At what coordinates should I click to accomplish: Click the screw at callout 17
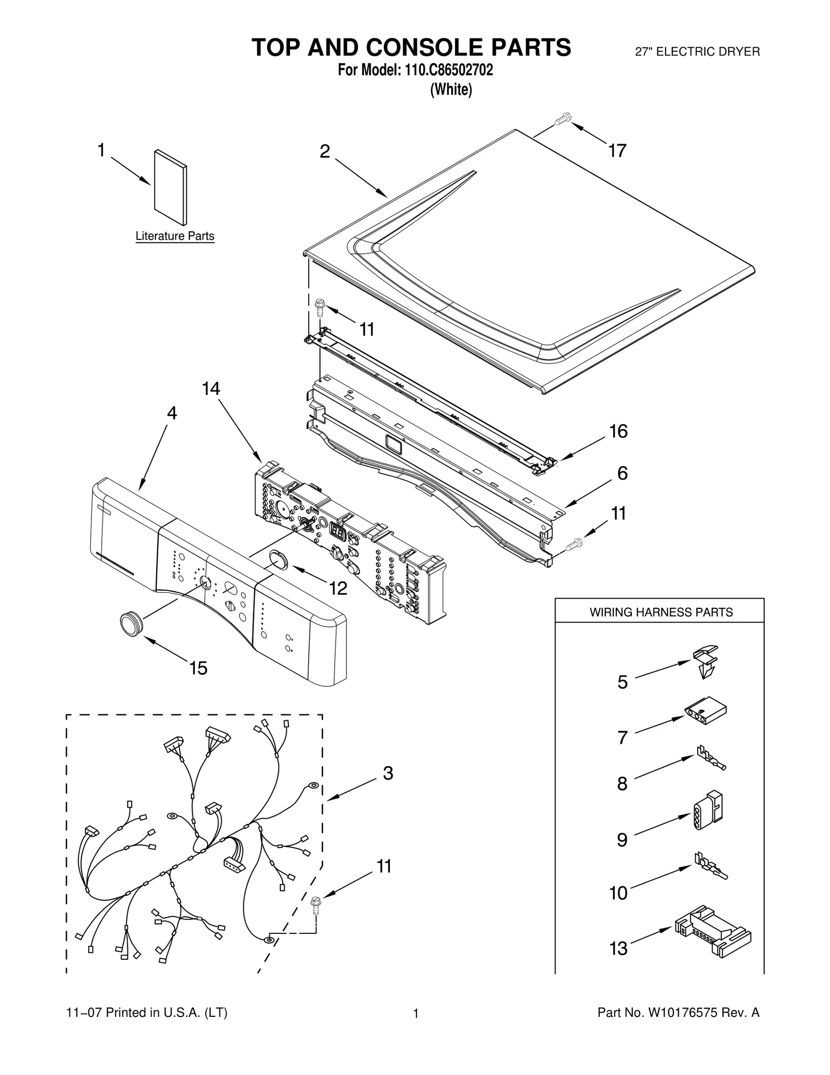coord(562,119)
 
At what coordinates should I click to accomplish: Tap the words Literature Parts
coord(175,236)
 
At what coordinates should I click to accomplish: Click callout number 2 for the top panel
coord(324,152)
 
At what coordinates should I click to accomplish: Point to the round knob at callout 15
coord(131,622)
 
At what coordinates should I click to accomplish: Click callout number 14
coord(211,388)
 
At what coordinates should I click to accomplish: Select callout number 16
coord(618,431)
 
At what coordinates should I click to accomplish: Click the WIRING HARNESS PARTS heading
coord(661,613)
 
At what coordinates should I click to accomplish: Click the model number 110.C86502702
coord(445,70)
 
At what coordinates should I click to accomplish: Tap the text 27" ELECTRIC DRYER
coord(697,52)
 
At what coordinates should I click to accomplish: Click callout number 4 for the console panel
coord(172,413)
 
